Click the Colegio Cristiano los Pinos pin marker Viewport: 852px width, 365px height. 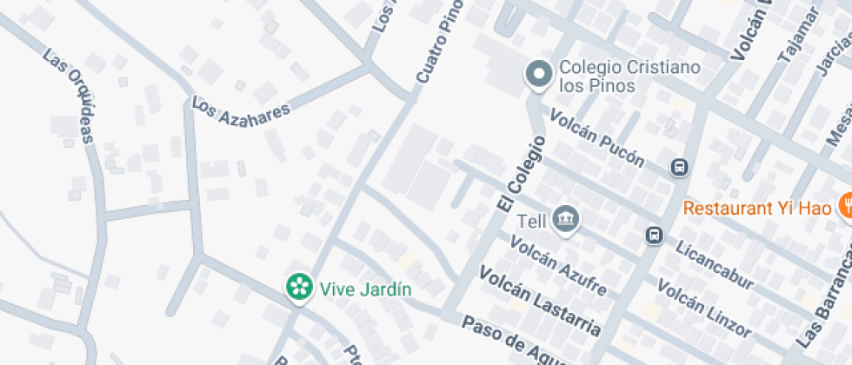539,75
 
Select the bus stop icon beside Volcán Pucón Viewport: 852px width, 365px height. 680,167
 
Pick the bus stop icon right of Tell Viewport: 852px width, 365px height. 654,235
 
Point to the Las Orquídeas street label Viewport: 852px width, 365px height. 69,96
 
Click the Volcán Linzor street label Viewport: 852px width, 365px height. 703,307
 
